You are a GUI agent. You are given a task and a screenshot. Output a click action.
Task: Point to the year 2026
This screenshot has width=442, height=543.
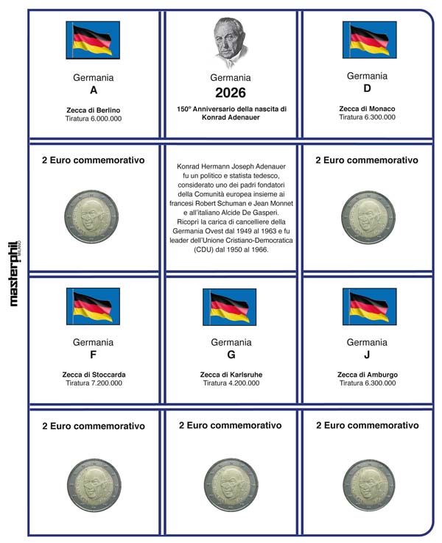click(230, 93)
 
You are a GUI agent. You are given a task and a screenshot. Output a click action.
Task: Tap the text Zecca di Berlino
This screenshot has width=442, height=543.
click(93, 110)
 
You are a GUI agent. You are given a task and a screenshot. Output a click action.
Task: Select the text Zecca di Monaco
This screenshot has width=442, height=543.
click(367, 109)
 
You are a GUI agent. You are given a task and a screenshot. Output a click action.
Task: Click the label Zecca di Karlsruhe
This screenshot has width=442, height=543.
click(231, 375)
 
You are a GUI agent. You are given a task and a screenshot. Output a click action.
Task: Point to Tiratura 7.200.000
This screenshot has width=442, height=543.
click(93, 383)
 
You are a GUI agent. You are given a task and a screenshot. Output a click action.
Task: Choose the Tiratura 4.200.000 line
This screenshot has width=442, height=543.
click(231, 383)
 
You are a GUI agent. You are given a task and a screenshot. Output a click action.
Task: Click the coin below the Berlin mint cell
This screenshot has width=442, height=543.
click(93, 215)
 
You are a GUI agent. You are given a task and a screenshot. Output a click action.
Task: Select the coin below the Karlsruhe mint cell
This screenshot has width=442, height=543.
click(230, 482)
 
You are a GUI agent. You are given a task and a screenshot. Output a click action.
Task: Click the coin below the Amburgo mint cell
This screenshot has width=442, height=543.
click(367, 482)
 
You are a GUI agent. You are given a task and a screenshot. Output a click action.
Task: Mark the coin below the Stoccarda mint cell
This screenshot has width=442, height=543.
click(93, 482)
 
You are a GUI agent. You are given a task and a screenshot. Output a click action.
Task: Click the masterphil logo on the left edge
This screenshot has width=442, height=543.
click(13, 272)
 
